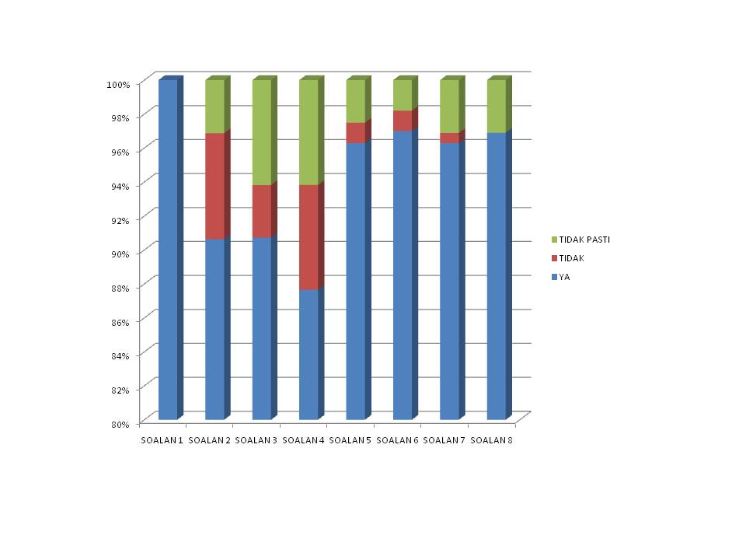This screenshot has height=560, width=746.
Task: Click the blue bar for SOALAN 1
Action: [168, 249]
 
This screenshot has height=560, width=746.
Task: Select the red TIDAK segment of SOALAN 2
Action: [214, 185]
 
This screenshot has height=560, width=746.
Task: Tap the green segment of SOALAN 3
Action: [262, 132]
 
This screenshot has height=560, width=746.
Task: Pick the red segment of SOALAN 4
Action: [309, 236]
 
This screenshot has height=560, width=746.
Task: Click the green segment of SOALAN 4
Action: [309, 132]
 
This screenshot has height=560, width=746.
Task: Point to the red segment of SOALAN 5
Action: [355, 132]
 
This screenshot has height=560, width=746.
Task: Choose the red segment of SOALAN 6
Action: [403, 120]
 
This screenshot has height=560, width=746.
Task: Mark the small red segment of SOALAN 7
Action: [449, 138]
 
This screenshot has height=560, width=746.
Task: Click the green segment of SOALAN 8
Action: [496, 106]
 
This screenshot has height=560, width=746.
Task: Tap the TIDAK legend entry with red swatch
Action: [571, 258]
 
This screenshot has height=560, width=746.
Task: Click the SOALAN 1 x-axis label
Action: [162, 441]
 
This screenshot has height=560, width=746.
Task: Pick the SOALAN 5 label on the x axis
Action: [350, 441]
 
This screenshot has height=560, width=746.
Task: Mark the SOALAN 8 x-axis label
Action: [493, 441]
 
